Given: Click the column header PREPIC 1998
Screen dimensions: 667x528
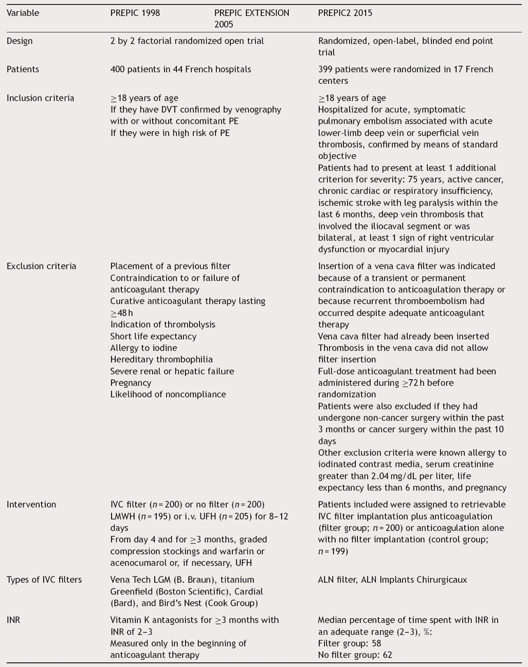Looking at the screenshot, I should (x=135, y=13).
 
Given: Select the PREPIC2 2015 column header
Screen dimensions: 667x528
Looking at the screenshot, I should (x=345, y=13).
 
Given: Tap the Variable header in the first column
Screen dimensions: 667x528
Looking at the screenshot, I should (x=23, y=13).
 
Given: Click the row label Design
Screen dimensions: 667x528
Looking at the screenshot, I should (x=20, y=41).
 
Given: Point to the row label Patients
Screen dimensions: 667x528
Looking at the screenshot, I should (x=23, y=69).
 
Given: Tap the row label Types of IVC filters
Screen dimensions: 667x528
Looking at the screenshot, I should (x=44, y=580).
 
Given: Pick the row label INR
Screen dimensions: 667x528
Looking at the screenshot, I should (x=13, y=620).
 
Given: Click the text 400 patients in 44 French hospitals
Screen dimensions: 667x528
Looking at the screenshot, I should (x=180, y=69).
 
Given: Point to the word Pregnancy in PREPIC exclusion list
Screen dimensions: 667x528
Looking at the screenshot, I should (x=131, y=383).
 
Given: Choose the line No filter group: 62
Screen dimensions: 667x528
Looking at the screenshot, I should (x=355, y=655).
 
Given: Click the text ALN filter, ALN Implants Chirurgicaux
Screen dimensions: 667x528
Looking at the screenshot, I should (x=392, y=580).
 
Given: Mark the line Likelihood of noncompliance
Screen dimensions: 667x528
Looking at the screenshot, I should (x=168, y=394).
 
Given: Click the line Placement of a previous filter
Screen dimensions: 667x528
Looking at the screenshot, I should (x=170, y=266).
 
